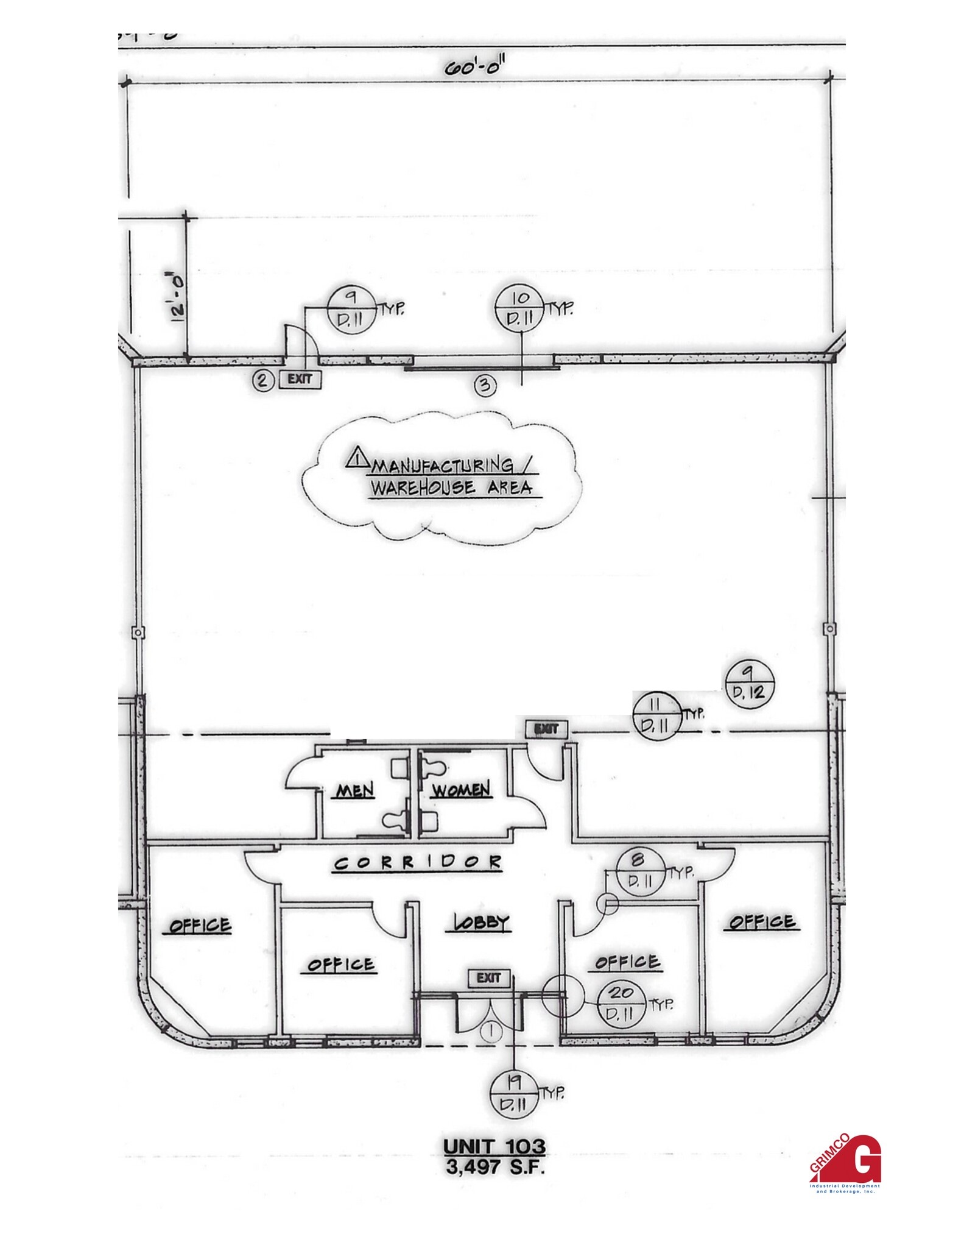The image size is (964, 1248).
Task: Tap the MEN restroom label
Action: (x=356, y=790)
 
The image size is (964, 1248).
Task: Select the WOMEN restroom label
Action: (x=460, y=790)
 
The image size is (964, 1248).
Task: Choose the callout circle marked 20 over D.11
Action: (x=621, y=1004)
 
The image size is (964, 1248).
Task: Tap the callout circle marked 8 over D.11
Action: (x=639, y=872)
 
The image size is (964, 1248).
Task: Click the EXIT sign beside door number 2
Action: (x=300, y=380)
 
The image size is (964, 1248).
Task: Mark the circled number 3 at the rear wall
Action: (x=485, y=386)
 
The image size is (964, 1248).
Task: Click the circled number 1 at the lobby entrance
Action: (x=491, y=1031)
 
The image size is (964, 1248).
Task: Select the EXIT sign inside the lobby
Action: (x=488, y=978)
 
